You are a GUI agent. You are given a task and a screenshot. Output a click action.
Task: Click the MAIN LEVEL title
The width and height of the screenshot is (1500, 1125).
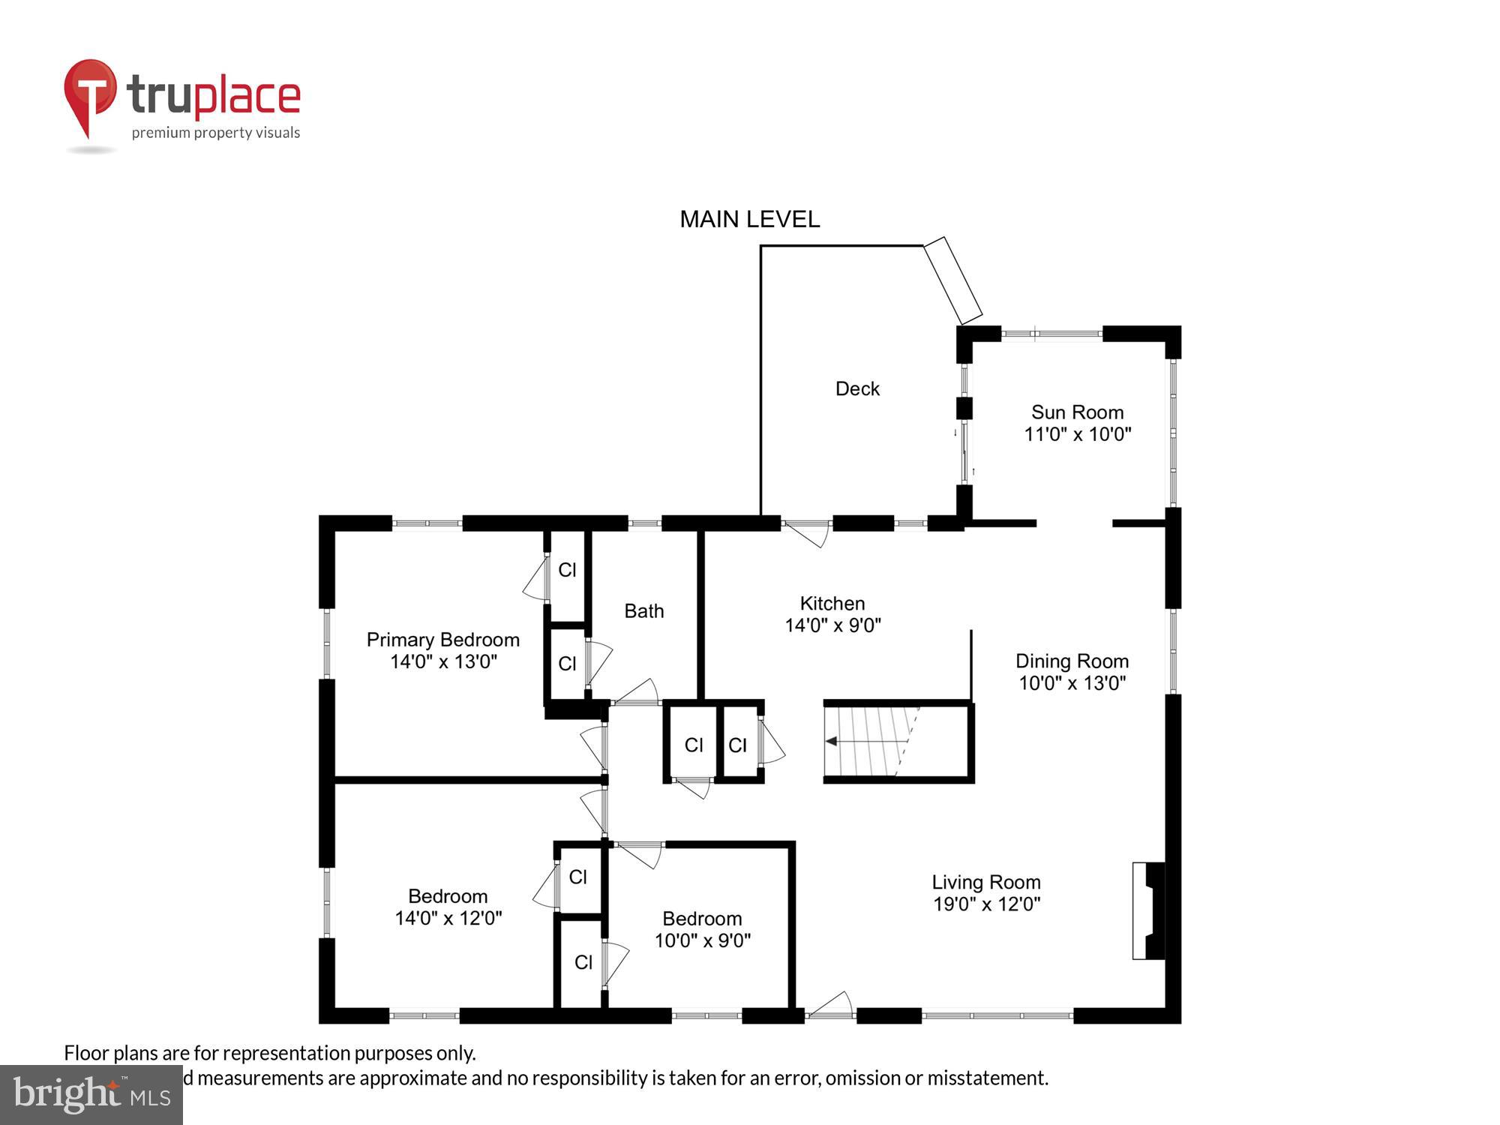pos(749,219)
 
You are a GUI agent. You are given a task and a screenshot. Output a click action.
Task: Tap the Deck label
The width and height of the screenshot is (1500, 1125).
pos(857,388)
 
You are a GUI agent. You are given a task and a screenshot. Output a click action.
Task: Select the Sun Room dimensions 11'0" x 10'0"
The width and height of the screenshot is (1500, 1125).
pos(1077,434)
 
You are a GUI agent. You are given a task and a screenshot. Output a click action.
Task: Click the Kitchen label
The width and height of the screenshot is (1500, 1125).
pos(832,603)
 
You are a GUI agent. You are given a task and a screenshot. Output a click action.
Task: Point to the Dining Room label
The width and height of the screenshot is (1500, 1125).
pos(1072,661)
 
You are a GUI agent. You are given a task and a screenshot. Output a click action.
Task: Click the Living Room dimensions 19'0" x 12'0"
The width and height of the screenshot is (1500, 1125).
pos(986,904)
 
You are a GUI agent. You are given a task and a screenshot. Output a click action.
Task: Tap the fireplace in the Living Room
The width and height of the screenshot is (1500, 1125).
pos(1149,910)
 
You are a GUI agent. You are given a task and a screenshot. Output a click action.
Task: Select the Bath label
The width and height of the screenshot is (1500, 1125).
pos(643,611)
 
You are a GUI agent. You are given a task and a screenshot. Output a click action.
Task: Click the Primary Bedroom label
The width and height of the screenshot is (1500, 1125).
pos(442,640)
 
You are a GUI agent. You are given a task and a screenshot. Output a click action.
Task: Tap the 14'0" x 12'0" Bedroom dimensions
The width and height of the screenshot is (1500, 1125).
pos(448,918)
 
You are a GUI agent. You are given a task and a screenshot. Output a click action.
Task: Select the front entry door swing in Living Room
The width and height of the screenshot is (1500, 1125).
pos(831,1005)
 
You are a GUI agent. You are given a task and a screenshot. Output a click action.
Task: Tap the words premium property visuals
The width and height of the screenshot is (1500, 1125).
pos(216,133)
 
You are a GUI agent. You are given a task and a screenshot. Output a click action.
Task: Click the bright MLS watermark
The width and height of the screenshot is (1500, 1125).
pos(91,1095)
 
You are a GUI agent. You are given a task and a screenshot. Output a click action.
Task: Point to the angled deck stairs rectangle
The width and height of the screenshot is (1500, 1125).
pos(952,279)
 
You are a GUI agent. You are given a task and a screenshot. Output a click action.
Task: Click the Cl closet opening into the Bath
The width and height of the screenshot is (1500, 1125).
pos(568,664)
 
